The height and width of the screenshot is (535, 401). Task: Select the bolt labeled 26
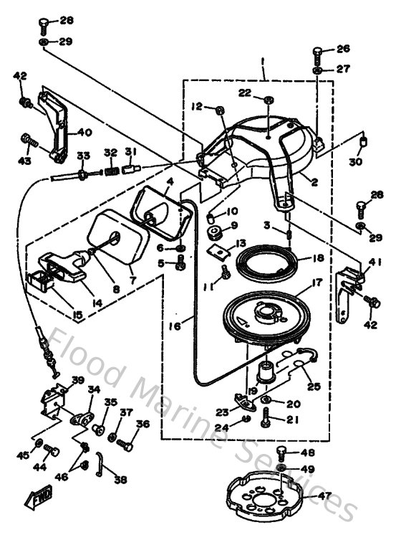[317, 53]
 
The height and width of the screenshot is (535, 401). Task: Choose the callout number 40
[85, 132]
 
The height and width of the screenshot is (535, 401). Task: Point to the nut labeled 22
[267, 98]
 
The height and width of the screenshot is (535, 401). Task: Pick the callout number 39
[77, 380]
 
